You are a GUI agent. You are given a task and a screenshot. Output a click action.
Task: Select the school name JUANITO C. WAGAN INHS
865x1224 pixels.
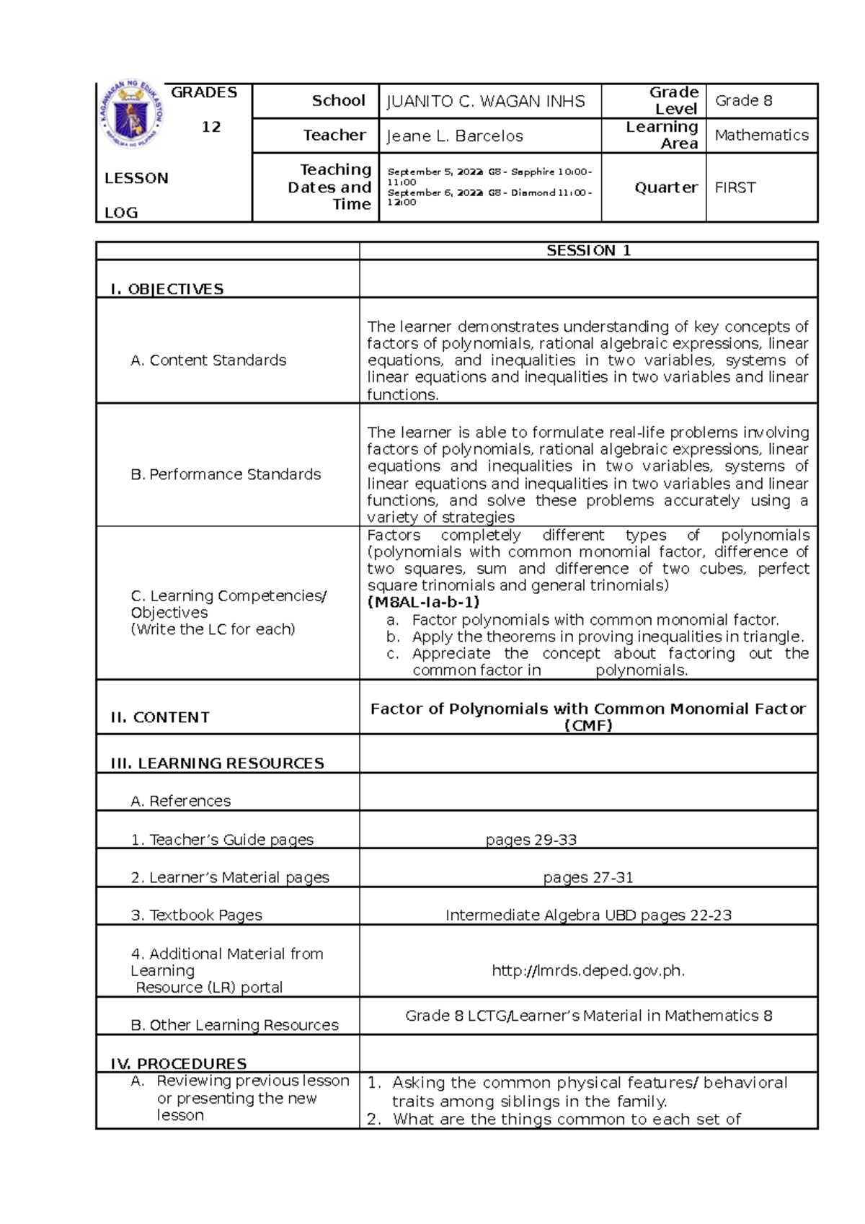[x=486, y=102]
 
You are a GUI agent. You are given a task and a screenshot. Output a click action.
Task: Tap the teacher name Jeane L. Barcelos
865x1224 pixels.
[x=455, y=136]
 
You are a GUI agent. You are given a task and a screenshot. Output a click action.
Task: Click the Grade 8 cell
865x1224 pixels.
[x=743, y=101]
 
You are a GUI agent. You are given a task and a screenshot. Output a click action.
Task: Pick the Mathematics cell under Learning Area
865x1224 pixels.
[x=761, y=136]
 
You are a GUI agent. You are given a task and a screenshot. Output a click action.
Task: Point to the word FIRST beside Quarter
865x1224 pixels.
[x=735, y=188]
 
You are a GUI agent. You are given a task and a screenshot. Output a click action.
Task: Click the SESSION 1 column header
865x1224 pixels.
[x=588, y=251]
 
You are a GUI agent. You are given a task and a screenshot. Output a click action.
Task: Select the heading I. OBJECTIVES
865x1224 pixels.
[x=167, y=289]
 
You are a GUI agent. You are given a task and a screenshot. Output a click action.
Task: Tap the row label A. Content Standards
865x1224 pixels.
[x=208, y=360]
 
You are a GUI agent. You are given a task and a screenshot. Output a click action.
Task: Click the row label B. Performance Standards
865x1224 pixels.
[x=225, y=474]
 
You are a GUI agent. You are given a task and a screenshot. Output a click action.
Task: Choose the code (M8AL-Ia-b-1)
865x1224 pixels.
[x=423, y=603]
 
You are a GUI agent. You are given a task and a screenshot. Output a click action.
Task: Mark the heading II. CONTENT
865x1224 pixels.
[x=160, y=717]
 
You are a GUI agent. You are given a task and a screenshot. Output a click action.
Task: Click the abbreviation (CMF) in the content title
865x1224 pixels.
[x=587, y=726]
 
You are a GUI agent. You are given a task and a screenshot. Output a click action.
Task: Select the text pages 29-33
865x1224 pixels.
[x=531, y=840]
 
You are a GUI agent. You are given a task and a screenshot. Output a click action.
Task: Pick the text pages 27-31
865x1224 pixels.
[x=587, y=877]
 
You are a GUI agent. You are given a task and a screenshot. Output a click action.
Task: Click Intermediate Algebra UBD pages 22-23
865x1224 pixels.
[x=587, y=915]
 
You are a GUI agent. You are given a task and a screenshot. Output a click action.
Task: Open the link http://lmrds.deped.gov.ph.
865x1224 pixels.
[x=587, y=971]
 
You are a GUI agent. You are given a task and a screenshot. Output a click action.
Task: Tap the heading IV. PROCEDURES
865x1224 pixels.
[x=178, y=1063]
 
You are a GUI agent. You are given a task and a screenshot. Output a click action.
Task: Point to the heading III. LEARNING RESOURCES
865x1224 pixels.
[x=217, y=763]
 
